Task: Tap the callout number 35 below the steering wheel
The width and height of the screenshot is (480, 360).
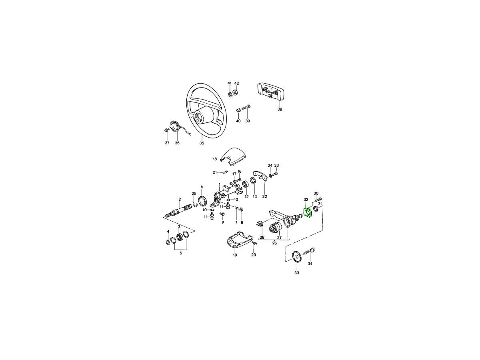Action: (202, 143)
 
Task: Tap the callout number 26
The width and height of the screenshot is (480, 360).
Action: (274, 243)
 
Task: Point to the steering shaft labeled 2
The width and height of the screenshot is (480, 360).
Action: (178, 212)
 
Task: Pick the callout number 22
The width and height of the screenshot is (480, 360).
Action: (265, 196)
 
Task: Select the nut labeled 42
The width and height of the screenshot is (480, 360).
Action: (236, 92)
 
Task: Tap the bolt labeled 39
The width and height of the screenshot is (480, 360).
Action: (246, 108)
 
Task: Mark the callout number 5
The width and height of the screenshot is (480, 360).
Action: (181, 253)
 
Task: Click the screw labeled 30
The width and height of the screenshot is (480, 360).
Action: (318, 200)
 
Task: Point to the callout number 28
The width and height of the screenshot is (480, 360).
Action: (262, 237)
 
